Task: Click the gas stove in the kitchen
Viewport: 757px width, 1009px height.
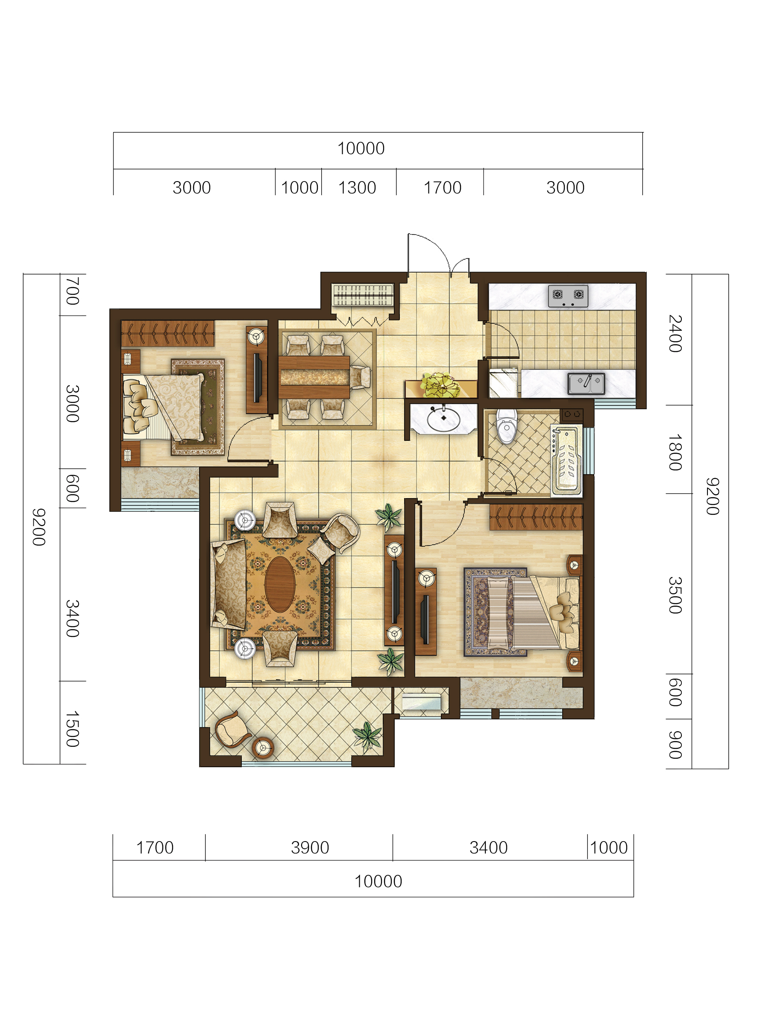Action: tap(568, 296)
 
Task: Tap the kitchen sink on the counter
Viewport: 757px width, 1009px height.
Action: tap(587, 383)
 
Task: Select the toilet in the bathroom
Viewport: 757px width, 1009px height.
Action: tap(507, 426)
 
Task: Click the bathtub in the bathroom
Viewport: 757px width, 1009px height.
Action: tap(567, 460)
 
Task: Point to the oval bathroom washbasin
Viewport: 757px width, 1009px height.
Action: tap(443, 419)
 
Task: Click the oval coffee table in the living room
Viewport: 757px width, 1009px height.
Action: tap(280, 584)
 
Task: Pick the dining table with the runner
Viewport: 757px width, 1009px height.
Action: tap(314, 377)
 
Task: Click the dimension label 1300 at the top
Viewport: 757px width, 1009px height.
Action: tap(357, 188)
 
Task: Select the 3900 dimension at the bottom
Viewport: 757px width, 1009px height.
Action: tap(310, 848)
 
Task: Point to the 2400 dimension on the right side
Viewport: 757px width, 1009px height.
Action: tap(675, 334)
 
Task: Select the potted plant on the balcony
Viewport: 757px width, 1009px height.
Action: tap(367, 735)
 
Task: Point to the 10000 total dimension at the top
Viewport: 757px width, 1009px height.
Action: tap(361, 148)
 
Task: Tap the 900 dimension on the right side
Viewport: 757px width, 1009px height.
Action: tap(675, 745)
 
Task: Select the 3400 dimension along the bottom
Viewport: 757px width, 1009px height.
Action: tap(489, 848)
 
